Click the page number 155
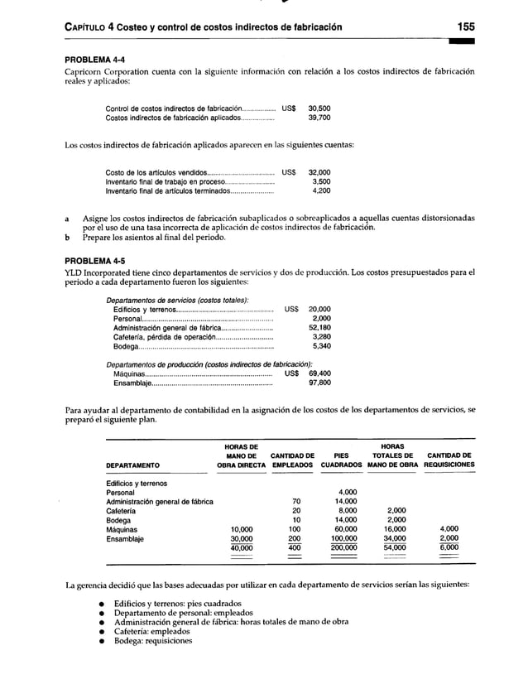tap(459, 28)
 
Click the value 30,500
tap(319, 108)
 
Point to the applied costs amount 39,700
tap(319, 118)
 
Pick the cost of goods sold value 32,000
tap(319, 171)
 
